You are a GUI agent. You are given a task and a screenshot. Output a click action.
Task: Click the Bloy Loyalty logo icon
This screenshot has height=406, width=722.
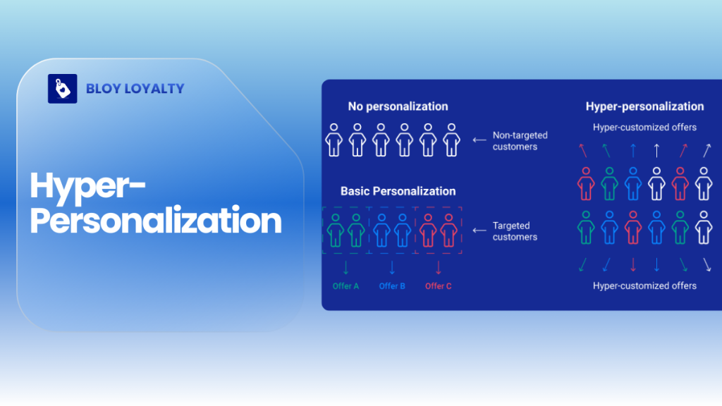[x=62, y=89]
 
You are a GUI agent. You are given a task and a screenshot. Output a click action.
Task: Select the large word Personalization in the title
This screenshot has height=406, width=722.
[x=156, y=221]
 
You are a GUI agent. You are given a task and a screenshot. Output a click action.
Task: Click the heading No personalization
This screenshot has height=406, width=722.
[x=398, y=106]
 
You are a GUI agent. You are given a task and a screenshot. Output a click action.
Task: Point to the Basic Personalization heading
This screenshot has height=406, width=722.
[x=398, y=191]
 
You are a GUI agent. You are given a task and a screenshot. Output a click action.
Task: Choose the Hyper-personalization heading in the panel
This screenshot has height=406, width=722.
[x=644, y=106]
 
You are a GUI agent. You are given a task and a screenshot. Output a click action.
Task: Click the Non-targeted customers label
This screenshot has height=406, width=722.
[x=520, y=141]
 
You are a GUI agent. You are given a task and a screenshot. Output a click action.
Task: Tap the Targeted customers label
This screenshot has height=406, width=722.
[x=515, y=231]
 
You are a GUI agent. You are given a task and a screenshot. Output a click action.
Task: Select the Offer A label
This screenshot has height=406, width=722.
[x=345, y=286]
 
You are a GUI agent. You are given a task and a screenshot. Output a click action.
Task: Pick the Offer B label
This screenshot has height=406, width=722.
[x=392, y=286]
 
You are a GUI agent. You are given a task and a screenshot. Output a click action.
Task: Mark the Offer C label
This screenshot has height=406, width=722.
[x=438, y=286]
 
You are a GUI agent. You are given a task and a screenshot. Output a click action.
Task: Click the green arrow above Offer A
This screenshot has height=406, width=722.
[x=345, y=268]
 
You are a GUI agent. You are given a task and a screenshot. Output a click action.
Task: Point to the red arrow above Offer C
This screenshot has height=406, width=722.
[x=438, y=268]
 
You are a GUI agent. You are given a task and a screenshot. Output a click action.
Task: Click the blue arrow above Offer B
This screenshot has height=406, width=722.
[x=392, y=268]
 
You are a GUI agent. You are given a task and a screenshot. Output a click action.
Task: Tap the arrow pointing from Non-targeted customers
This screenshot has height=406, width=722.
[x=479, y=140]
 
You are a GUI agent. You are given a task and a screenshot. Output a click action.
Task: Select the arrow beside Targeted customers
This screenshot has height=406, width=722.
[x=479, y=230]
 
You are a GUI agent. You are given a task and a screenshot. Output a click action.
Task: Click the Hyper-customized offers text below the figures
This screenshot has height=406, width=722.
[x=644, y=285]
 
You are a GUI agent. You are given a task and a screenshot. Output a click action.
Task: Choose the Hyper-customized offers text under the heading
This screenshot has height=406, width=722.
[x=644, y=128]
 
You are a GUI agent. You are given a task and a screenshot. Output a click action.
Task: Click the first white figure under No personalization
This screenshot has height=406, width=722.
[x=334, y=139]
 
